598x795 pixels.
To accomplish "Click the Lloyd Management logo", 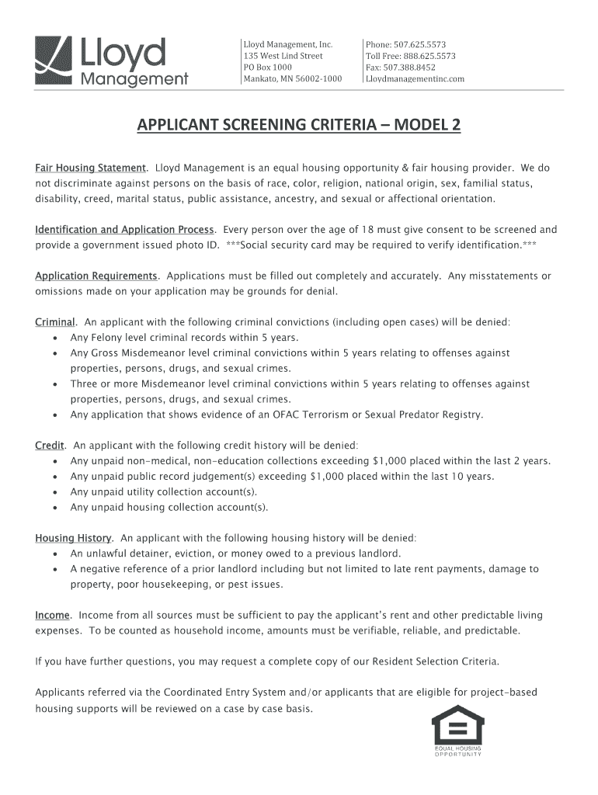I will click(x=112, y=61).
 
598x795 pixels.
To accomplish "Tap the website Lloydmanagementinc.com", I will click(x=415, y=79).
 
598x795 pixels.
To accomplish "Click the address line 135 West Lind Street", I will click(x=283, y=56).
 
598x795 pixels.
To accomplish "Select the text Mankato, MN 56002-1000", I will click(x=292, y=79).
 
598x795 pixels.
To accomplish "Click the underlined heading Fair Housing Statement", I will click(x=90, y=168).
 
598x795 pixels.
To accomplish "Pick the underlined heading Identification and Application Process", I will click(x=125, y=230).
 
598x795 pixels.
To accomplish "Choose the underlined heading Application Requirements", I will click(x=96, y=276).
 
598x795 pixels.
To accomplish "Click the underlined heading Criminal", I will click(x=55, y=322).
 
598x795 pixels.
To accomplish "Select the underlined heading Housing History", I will click(x=74, y=538).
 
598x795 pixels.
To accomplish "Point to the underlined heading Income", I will click(x=52, y=616).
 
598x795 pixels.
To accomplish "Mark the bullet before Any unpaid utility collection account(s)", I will click(x=54, y=492).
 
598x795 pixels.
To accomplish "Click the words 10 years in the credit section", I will click(x=472, y=477).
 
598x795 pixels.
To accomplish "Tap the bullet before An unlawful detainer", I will click(x=54, y=554).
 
